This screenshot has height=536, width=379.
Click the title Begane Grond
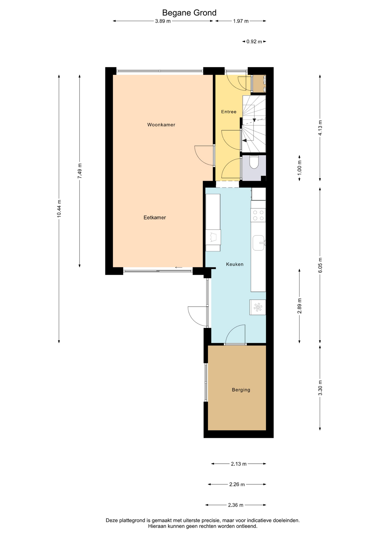[189, 13]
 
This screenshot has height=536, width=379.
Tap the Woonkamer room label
[161, 125]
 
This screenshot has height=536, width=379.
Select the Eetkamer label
[155, 217]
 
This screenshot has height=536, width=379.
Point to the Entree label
[229, 112]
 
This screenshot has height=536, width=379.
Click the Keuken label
[235, 264]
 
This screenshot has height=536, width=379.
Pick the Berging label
[241, 390]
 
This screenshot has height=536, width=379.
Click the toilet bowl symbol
[254, 162]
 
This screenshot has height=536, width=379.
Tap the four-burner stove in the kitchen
[258, 215]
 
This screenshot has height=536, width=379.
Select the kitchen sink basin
[258, 243]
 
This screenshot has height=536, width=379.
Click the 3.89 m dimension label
[163, 21]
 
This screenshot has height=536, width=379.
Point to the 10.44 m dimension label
[59, 209]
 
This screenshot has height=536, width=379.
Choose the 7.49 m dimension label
[80, 171]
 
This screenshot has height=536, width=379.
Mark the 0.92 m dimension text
[254, 42]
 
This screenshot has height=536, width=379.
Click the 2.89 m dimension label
[299, 306]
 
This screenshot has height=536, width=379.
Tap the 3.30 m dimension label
[320, 388]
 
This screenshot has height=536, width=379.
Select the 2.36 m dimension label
[236, 505]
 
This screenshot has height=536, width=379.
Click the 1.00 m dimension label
[299, 168]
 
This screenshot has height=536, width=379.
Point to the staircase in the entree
[253, 124]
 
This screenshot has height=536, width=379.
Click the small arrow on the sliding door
[179, 267]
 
